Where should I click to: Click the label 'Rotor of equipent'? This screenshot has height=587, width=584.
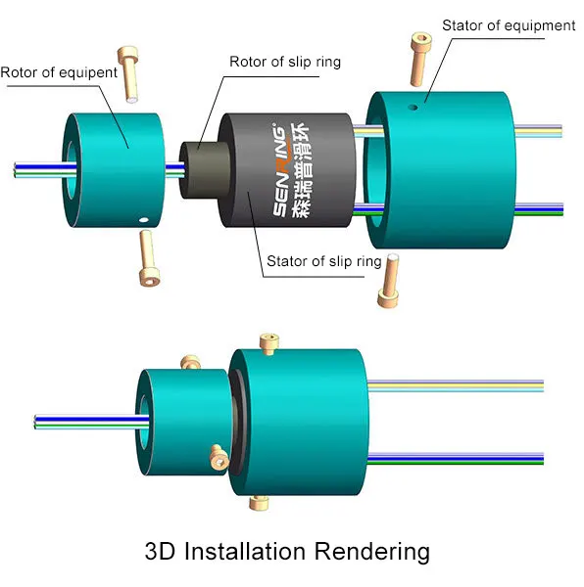click(59, 72)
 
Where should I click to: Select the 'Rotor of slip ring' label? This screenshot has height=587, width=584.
click(285, 63)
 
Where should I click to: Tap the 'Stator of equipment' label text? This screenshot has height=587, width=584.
click(509, 25)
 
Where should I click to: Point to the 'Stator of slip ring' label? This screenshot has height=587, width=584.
click(324, 262)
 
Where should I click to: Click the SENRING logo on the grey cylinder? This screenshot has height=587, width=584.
click(281, 162)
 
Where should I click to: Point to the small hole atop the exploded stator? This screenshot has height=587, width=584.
click(414, 107)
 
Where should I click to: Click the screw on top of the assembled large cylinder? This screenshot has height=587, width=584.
click(268, 342)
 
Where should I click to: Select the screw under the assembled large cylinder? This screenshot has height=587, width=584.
click(259, 503)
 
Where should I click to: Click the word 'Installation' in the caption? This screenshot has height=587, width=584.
click(247, 552)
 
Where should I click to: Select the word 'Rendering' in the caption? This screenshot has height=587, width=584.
click(371, 552)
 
